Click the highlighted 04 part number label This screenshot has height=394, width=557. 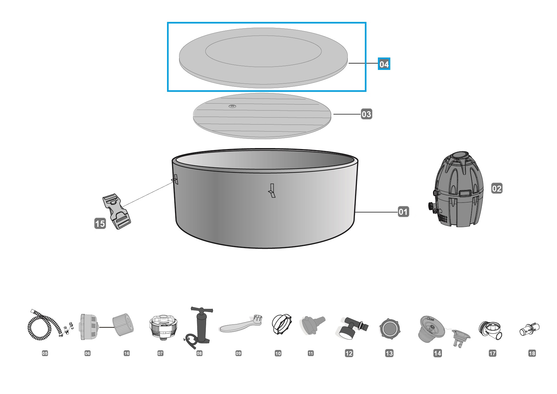(x=384, y=64)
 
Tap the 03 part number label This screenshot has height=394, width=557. (x=366, y=114)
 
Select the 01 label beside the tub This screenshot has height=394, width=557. (x=403, y=212)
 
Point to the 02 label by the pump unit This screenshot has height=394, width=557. (x=497, y=188)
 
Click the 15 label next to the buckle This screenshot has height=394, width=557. (x=100, y=223)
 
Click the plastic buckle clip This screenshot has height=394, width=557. (x=117, y=212)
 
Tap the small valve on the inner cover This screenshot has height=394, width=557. (x=232, y=106)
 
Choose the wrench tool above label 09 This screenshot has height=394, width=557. (x=240, y=323)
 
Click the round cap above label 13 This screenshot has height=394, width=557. (x=390, y=328)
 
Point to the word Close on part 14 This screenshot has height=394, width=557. (x=430, y=319)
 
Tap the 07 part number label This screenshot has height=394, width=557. (x=160, y=353)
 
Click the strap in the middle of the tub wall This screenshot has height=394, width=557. (x=271, y=190)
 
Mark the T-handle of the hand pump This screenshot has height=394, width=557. (x=202, y=310)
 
